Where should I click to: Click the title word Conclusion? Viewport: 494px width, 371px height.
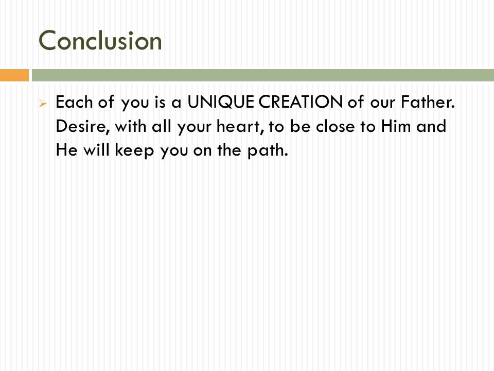(100, 41)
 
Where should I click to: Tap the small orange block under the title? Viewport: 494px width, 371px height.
(14, 75)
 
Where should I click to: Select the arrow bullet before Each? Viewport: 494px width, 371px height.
(44, 103)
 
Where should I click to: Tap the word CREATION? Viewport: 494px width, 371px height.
(300, 102)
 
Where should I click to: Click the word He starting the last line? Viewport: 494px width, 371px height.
(65, 151)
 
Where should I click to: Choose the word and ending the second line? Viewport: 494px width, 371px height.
(431, 127)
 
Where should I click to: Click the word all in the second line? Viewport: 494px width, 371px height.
(163, 127)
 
